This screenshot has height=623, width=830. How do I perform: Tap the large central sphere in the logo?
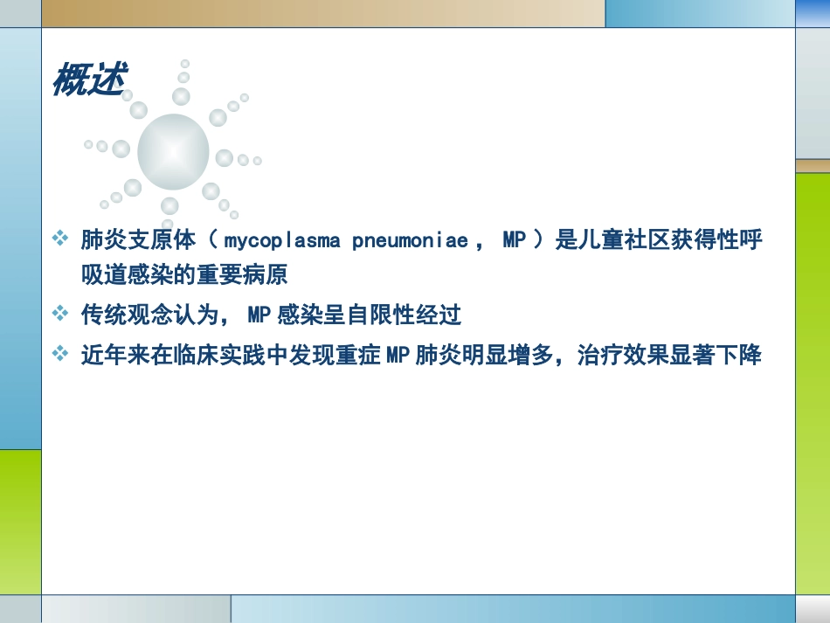pos(173,152)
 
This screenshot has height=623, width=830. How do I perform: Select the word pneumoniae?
pos(410,240)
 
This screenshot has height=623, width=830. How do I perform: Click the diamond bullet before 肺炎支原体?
pos(60,239)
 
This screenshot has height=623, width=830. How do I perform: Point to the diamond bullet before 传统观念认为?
pos(60,312)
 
